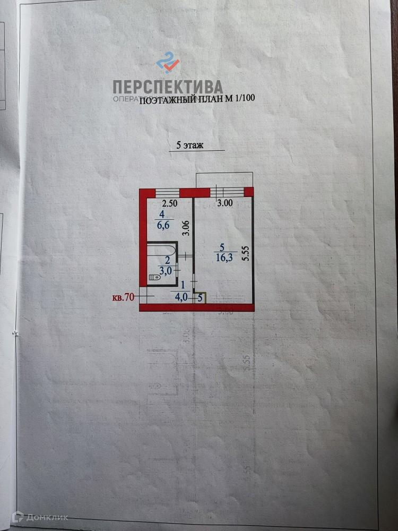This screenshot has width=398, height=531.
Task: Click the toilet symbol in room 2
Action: pos(154,277)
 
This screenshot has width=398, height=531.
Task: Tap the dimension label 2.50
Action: pos(169,203)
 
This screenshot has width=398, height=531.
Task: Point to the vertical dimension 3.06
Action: pos(185,228)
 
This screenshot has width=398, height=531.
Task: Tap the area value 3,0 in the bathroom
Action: pos(165,271)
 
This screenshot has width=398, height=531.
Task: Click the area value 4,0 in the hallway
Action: pos(181,298)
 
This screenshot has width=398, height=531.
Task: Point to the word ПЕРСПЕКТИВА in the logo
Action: pos(168,87)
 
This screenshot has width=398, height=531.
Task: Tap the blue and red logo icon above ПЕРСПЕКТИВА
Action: pos(168,62)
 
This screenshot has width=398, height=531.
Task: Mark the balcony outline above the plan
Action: pos(224,181)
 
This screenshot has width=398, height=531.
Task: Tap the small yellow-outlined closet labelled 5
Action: pos(200,298)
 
